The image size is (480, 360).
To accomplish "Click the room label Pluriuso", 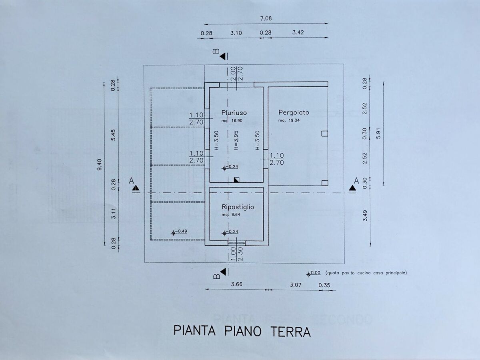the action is coord(234,113).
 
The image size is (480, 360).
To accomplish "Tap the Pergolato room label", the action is coord(294,112).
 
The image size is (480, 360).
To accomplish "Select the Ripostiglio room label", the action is coord(238,207).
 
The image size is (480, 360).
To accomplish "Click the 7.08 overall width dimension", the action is coord(266,18).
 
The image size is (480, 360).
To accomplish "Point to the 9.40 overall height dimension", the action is coord(99,164).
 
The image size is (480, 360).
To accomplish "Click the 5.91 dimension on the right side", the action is coord(378,133).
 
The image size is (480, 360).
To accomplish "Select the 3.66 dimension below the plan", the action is coord(237,284).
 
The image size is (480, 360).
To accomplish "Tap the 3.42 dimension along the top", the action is coord(298,32).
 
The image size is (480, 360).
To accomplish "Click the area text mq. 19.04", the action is coord(289,120).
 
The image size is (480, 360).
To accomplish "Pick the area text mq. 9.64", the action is coord(231,215).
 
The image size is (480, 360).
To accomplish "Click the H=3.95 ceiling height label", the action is coord(236,140).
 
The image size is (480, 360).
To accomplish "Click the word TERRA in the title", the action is coord(291,332).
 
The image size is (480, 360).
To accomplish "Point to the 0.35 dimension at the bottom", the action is coord(324,285).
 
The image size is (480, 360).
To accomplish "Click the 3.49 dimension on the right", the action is coord(365,216).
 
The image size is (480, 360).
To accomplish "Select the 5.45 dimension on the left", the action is coord(113,135).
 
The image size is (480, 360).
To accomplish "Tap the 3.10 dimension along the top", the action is coord(236,33).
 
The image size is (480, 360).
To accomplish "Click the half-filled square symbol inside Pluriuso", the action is coord(236,180).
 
